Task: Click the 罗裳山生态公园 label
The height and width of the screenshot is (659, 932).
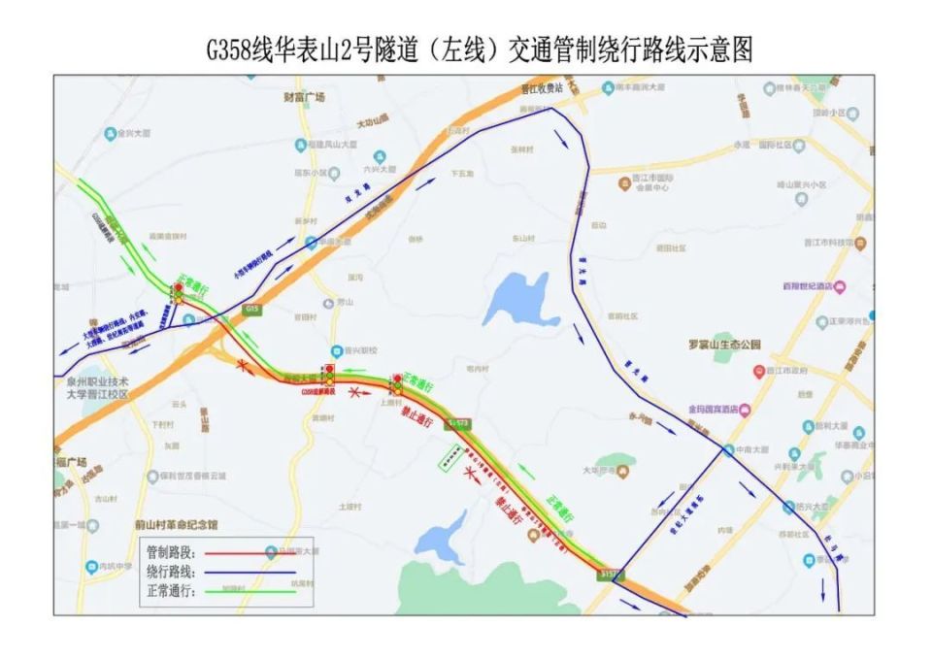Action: click(x=726, y=345)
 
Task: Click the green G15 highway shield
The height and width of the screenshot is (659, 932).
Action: click(x=253, y=308)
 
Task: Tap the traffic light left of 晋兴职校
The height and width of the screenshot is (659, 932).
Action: click(x=330, y=375)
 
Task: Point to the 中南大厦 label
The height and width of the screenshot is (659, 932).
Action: click(x=749, y=450)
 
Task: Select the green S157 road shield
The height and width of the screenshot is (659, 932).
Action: click(x=611, y=574)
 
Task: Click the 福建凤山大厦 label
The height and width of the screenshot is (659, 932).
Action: click(x=310, y=145)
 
